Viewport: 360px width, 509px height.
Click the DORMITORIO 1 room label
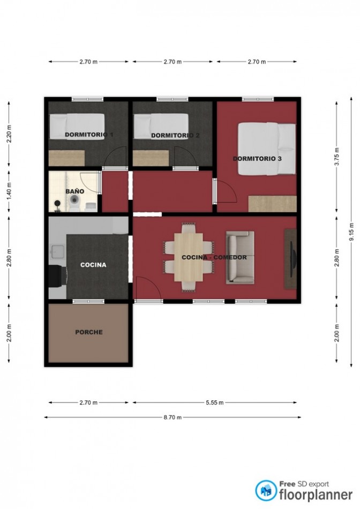point(89,134)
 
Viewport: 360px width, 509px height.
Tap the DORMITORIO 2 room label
point(175,136)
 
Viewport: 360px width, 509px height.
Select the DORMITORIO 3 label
point(257,159)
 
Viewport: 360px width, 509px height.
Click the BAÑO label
point(74,191)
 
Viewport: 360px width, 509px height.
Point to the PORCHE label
point(89,332)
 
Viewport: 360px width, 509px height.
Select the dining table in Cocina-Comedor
point(189,257)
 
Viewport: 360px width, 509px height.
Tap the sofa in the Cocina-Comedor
point(240,257)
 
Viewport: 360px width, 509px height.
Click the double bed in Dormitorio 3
point(267,149)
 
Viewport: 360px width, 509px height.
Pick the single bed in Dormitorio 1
point(77,126)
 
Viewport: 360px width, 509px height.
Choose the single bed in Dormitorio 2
point(161,126)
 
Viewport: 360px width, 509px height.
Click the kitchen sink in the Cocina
point(57,251)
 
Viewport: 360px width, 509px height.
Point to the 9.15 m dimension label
point(351,232)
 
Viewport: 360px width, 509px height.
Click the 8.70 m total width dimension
point(172,417)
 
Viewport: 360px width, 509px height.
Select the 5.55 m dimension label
point(215,403)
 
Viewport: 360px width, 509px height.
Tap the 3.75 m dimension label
point(336,156)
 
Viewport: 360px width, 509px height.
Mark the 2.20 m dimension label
point(9,134)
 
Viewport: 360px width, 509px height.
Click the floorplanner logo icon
point(266,490)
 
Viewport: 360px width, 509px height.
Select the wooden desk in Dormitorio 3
point(272,204)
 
